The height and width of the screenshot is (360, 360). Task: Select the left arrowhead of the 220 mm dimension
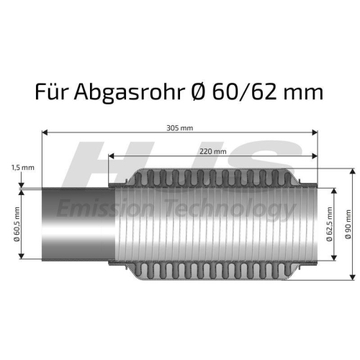111,157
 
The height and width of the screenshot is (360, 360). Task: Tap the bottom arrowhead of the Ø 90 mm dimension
352,276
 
